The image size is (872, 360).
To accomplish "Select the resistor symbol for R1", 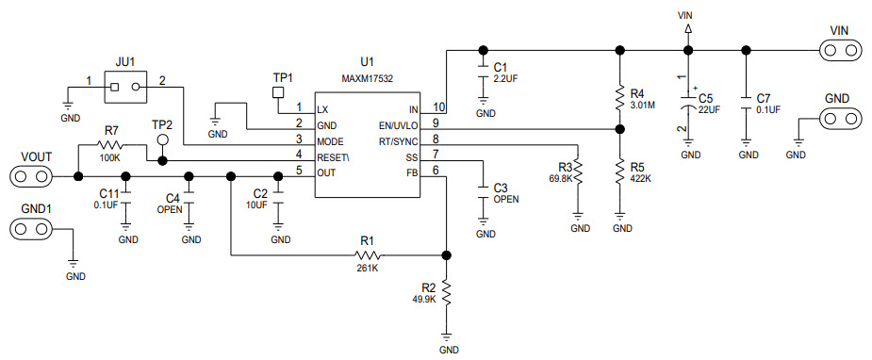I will click(367, 254).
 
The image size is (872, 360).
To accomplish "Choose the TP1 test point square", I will click(278, 92).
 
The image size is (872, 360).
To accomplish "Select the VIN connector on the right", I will click(841, 49).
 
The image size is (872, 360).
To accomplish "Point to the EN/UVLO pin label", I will click(397, 123).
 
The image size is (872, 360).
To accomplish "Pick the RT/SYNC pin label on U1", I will click(397, 139).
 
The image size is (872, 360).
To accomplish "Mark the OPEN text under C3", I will click(506, 199).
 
